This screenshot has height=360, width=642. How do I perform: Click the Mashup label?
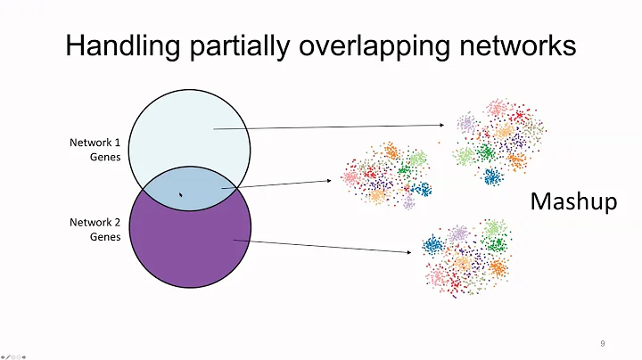[x=573, y=202]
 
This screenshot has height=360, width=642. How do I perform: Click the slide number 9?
[x=604, y=343]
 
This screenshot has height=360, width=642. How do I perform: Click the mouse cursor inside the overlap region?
[x=181, y=193]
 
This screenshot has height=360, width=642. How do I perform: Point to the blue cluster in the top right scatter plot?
[x=491, y=175]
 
